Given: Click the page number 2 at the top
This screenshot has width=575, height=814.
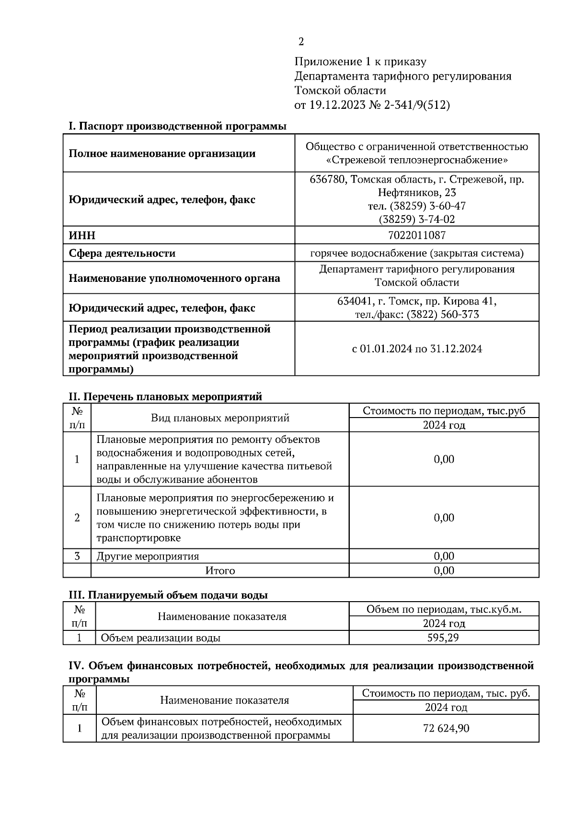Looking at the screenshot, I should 301,42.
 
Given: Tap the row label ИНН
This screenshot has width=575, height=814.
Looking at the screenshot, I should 82,235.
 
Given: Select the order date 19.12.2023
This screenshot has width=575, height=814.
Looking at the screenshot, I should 337,105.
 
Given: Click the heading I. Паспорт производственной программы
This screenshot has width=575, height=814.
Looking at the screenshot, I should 177,126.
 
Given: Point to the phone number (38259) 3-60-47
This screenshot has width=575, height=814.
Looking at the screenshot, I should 427,206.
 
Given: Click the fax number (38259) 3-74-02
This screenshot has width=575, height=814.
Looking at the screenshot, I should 416,220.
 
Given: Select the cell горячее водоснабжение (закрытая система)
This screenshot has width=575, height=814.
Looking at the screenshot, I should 416,253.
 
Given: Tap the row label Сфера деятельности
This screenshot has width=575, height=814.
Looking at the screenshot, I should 122,253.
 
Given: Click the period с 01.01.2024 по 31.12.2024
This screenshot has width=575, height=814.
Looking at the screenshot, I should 416,349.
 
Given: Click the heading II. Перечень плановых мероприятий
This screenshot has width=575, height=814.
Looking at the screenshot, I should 165,396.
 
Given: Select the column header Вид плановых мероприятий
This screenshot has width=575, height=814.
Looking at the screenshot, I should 220,418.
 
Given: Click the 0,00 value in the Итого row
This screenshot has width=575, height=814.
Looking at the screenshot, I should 444,570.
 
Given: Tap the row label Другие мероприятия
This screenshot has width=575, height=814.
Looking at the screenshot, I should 148,557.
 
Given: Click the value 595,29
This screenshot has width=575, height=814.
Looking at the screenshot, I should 443,638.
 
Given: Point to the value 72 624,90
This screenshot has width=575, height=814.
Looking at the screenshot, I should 446,729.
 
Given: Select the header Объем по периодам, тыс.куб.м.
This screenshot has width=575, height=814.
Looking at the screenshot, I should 444,609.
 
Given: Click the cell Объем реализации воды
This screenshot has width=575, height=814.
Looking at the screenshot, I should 161,638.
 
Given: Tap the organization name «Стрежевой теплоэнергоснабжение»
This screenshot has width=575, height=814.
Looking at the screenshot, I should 416,160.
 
